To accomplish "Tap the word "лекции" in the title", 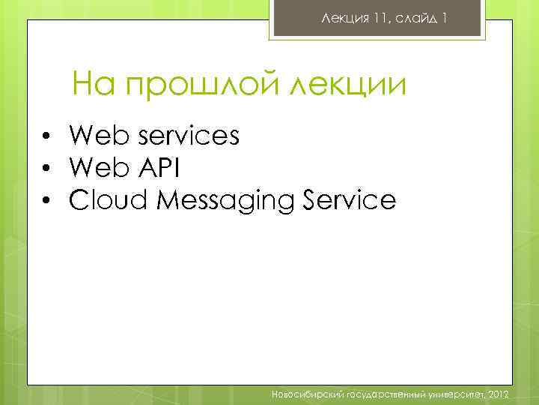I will [x=350, y=85].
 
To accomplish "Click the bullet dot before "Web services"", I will [x=46, y=136].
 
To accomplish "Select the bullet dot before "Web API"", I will [x=46, y=169].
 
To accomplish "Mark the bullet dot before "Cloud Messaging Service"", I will [x=46, y=201].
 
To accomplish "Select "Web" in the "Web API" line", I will [x=97, y=168].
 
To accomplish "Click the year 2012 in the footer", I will [x=498, y=394].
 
